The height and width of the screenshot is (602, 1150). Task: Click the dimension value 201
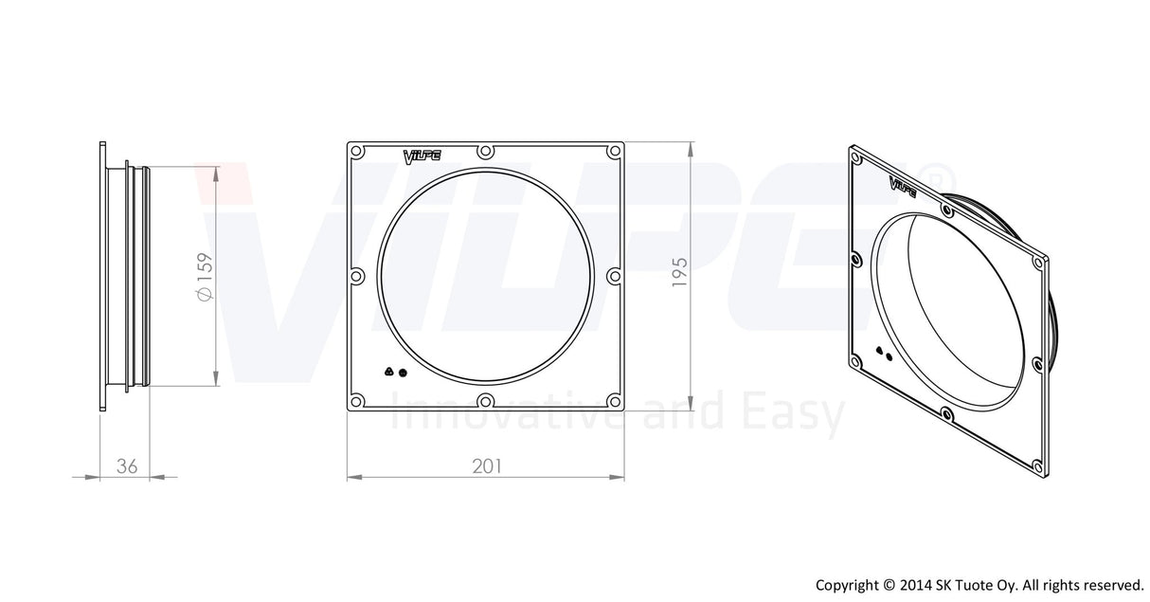pyautogui.click(x=486, y=465)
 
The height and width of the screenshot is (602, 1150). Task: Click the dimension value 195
pyautogui.click(x=679, y=272)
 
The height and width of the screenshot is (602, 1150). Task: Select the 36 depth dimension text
pyautogui.click(x=127, y=465)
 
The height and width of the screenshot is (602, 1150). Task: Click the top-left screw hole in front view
pyautogui.click(x=357, y=152)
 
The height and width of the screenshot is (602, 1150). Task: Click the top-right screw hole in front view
pyautogui.click(x=614, y=152)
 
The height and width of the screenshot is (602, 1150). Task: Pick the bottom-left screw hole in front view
pyautogui.click(x=357, y=401)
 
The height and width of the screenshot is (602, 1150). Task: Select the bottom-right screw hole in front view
pyautogui.click(x=614, y=401)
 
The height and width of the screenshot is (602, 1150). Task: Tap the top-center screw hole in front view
pyautogui.click(x=486, y=152)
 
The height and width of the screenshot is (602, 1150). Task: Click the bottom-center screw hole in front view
pyautogui.click(x=486, y=401)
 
